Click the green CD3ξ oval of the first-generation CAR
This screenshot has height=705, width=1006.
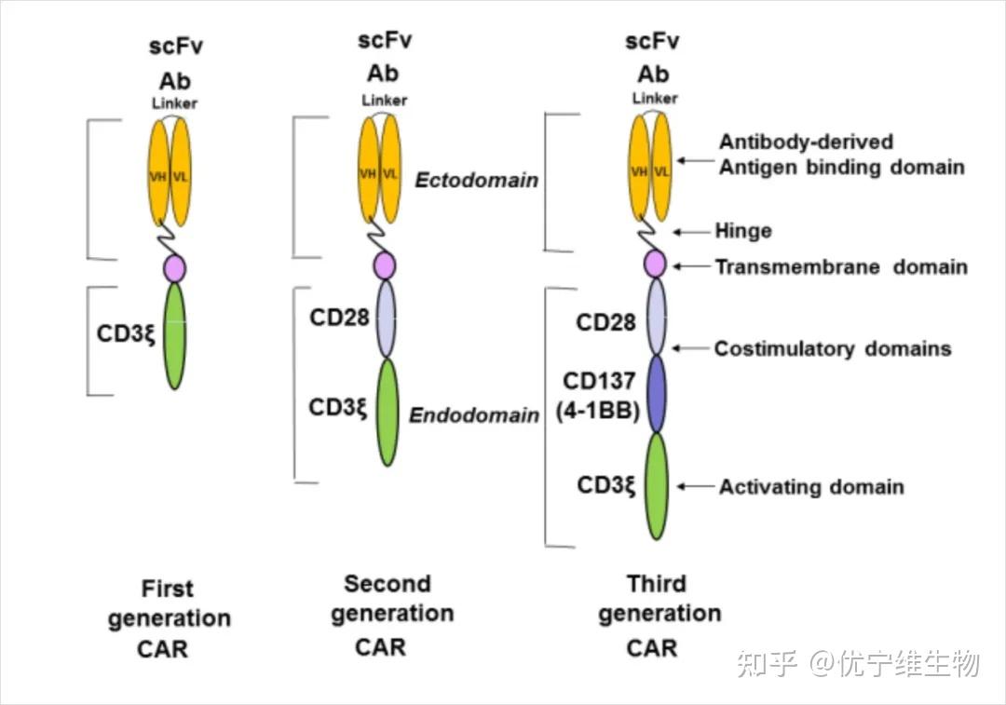click(175, 335)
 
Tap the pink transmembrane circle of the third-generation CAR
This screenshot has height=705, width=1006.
click(656, 264)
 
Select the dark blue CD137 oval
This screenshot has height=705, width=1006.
click(657, 394)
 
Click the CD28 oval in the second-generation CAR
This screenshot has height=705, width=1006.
click(386, 319)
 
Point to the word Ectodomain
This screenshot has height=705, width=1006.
click(476, 180)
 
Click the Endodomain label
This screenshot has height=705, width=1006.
click(474, 414)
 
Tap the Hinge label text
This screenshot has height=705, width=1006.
click(742, 231)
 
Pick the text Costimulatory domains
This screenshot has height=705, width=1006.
click(832, 349)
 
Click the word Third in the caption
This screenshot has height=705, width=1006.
click(656, 585)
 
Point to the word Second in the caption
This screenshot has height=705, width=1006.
click(387, 584)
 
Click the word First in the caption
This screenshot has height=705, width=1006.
click(168, 589)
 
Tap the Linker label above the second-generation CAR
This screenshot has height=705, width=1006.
click(385, 100)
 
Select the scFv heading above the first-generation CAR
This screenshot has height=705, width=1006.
click(175, 47)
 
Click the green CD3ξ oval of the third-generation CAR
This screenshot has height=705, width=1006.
click(657, 485)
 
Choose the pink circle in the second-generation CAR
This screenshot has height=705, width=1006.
click(385, 265)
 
